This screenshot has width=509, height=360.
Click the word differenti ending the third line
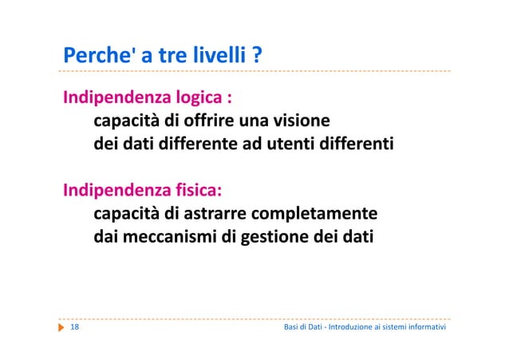pyautogui.click(x=365, y=146)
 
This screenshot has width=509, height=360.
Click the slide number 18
pyautogui.click(x=74, y=329)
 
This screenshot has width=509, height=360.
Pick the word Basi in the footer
pyautogui.click(x=293, y=329)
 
